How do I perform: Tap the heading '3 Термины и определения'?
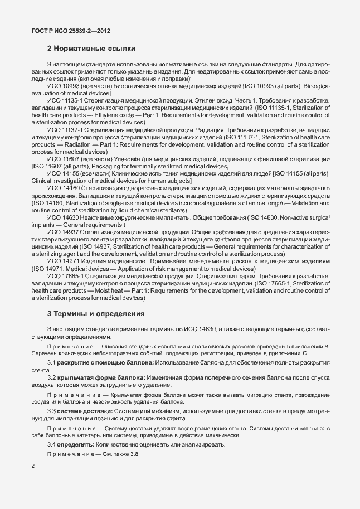95,313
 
